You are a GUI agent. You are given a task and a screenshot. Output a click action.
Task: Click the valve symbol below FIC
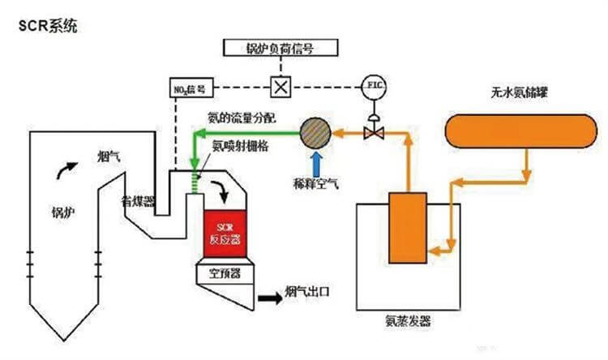click(x=374, y=131)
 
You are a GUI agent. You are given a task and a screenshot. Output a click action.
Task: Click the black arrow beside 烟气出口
click(x=266, y=298)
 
